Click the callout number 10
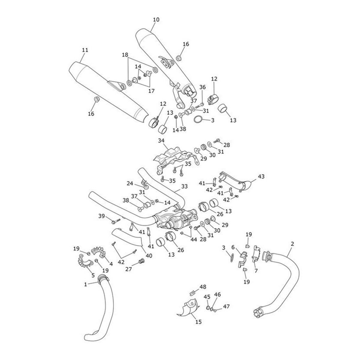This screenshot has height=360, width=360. pos(156,20)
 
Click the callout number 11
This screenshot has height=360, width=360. pos(85,50)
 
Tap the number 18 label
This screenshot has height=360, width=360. pos(125,55)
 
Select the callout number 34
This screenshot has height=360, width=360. pos(161,140)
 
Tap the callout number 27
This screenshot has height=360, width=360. pos(128,269)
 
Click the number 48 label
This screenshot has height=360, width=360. pos(203,287)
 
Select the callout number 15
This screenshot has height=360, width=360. pos(198,322)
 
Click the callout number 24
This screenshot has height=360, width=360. pos(130,183)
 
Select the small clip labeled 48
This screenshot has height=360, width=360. pos(193,291)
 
